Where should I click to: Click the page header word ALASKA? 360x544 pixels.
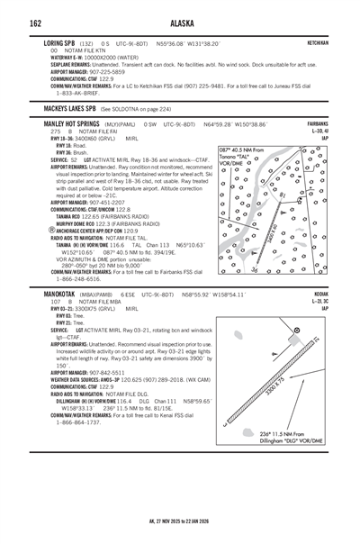click(x=180, y=23)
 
